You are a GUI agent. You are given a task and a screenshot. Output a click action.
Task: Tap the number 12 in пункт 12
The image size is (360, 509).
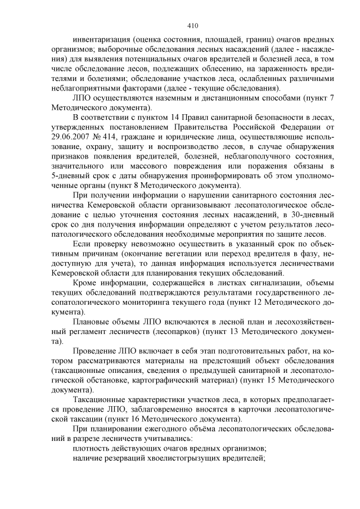pyautogui.click(x=246, y=302)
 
